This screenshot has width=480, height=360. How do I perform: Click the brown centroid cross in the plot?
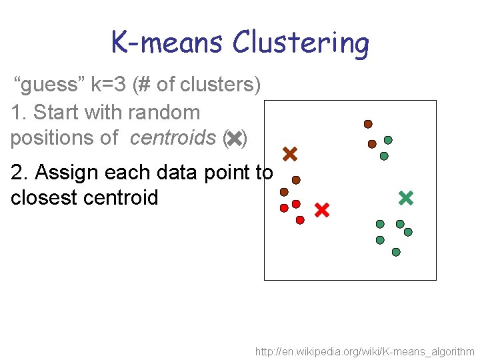point(289,155)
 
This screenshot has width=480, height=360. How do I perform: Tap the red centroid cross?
point(322,211)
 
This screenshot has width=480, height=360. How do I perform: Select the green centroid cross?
point(405,197)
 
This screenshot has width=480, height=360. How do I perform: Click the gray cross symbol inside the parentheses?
point(234,139)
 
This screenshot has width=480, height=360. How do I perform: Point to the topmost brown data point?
point(367,124)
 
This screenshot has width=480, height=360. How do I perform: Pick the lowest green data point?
point(396,252)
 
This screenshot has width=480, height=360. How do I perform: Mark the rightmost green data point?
point(408,232)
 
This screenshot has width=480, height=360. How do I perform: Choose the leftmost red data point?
point(284,208)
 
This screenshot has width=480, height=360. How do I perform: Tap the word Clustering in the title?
point(300,44)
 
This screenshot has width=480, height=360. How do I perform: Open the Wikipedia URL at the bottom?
point(365,351)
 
